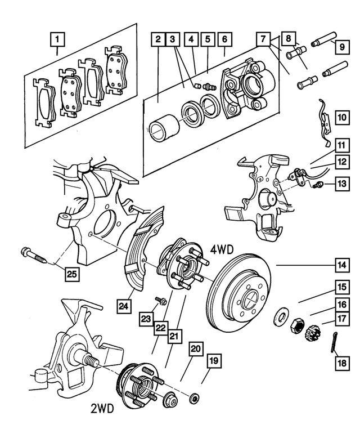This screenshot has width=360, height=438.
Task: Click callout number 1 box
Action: (58, 40)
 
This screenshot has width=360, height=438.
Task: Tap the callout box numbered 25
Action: (71, 274)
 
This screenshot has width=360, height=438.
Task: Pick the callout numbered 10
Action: (342, 118)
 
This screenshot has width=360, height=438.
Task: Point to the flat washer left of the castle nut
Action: (280, 316)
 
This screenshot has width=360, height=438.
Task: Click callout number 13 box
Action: (342, 183)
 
